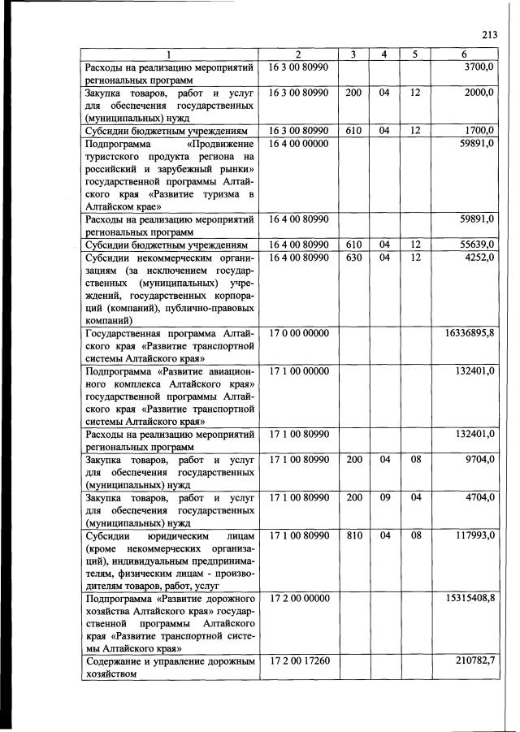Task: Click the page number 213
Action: (x=489, y=34)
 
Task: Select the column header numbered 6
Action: (x=464, y=54)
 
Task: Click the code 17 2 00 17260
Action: (x=298, y=664)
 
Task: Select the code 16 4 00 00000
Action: (x=298, y=143)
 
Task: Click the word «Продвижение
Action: (x=221, y=143)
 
